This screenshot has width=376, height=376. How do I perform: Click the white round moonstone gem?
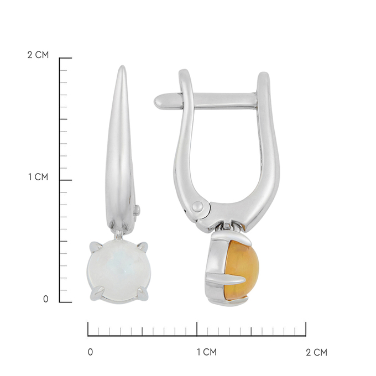(x=119, y=271)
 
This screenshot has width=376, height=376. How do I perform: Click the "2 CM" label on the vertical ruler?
(x=38, y=55)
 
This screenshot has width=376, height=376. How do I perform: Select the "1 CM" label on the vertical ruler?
(x=38, y=177)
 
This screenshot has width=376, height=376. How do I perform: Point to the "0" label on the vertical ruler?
(x=45, y=299)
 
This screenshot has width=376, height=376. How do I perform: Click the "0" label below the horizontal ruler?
(x=90, y=352)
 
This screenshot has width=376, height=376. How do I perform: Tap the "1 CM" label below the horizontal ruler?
(x=207, y=352)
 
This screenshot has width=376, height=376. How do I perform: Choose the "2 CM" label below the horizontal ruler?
(x=316, y=352)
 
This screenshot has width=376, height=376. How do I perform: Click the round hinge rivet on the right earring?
(x=197, y=206)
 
